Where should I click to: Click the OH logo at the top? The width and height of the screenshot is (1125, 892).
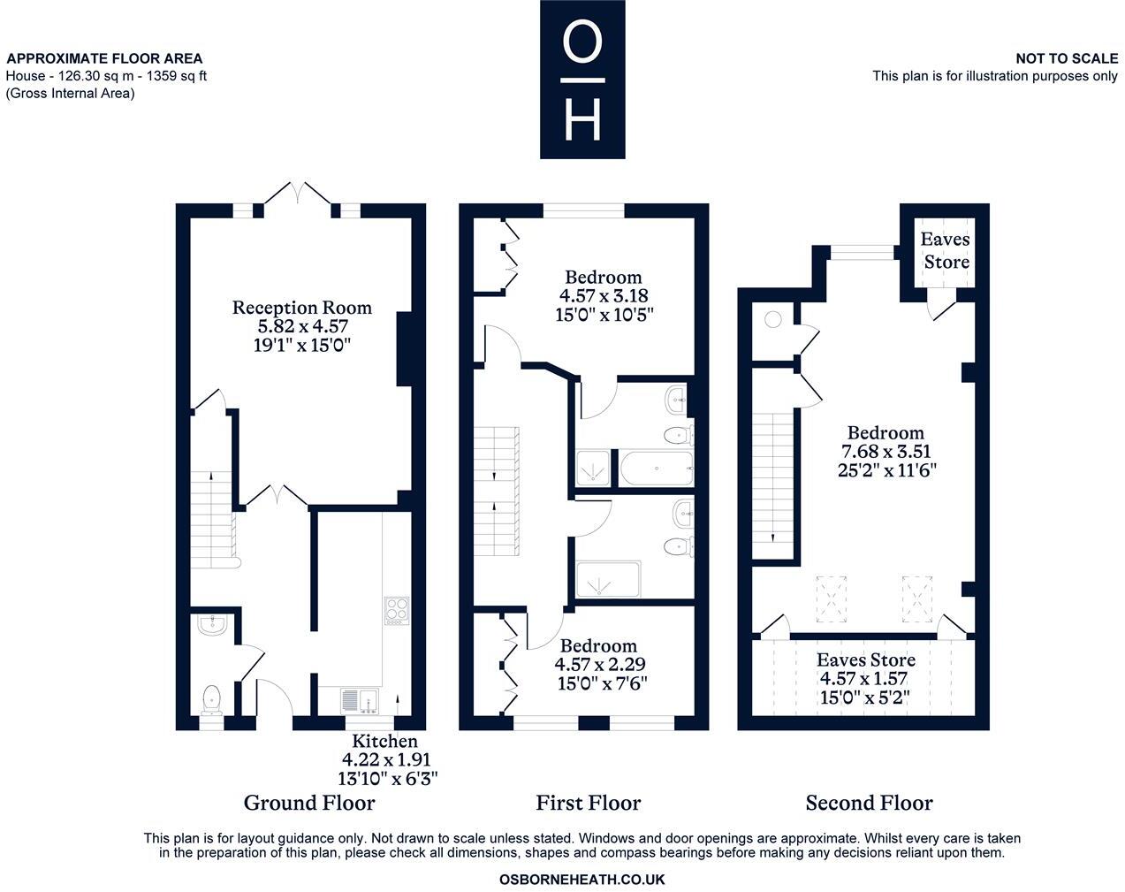point(582,80)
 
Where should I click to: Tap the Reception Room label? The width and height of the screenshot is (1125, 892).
point(301,308)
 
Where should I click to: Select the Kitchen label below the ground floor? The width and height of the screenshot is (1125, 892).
point(384,741)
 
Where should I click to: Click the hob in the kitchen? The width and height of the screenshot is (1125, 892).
point(396,611)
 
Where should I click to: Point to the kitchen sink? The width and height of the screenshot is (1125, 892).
point(360,700)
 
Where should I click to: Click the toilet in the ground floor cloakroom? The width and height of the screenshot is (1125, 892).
point(212,698)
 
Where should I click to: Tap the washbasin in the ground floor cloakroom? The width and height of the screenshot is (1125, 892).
point(213,626)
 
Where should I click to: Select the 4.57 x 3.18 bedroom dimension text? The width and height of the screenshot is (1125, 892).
point(604,295)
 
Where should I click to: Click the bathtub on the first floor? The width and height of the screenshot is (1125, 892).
point(655,469)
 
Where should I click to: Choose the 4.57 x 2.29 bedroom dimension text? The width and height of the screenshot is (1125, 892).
point(598,664)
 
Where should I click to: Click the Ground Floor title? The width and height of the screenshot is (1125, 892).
point(309,803)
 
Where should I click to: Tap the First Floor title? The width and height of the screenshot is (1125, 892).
point(588,803)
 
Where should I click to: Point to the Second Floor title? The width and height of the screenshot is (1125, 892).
point(869,803)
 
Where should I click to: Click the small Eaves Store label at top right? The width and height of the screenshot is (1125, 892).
point(945,250)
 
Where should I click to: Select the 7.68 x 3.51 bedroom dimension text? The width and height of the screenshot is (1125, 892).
point(886,451)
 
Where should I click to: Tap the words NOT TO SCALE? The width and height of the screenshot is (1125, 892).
point(1066,58)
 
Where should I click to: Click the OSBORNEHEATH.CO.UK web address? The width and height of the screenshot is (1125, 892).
point(582,880)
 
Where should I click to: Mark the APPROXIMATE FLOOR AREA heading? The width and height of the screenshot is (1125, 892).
point(105,58)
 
